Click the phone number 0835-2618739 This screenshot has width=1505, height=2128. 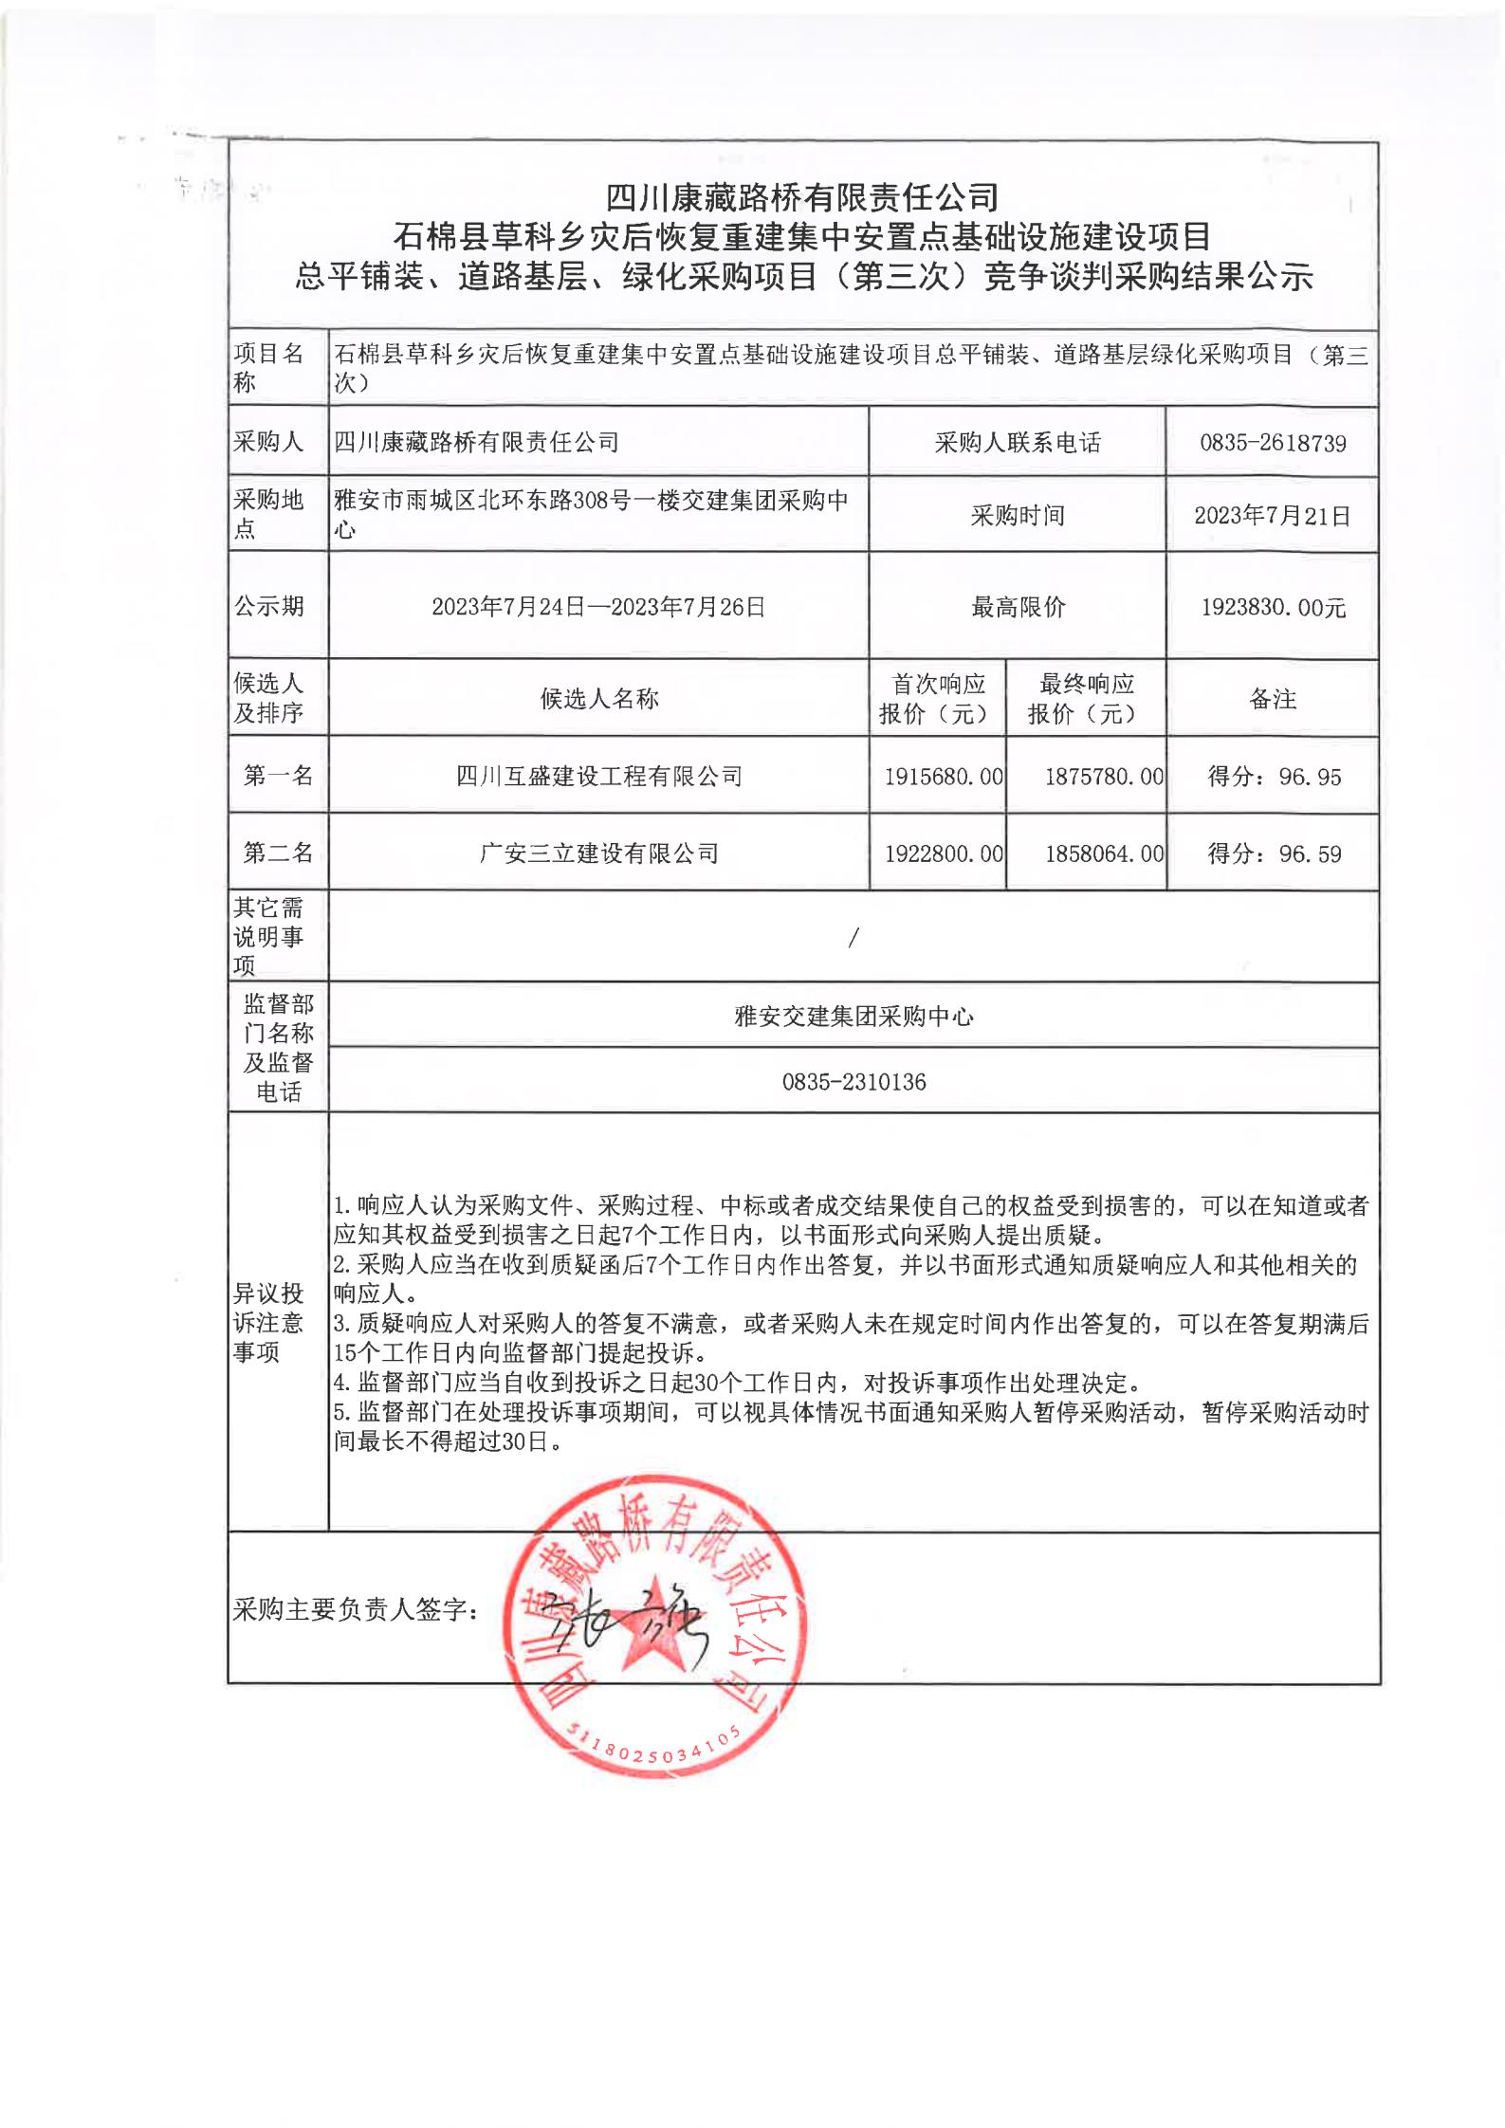1272,443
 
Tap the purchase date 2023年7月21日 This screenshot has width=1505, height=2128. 1272,516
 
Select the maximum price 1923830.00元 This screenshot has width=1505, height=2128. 1273,608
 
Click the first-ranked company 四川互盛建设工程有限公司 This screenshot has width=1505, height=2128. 598,777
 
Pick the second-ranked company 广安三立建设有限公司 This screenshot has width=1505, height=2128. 598,853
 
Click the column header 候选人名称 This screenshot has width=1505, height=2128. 598,700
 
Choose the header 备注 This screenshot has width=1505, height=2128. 1273,700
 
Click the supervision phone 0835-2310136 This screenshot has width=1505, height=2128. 853,1082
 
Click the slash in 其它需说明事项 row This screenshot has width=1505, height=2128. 853,938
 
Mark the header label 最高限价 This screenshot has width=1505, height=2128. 1018,608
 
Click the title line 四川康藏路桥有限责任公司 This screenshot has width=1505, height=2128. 802,197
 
